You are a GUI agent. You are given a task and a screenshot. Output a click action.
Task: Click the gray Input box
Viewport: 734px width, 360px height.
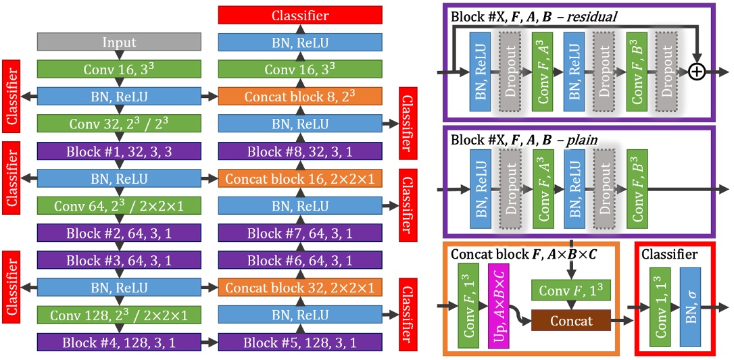119,42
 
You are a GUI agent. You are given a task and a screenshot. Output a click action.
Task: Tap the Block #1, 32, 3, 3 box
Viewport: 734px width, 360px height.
119,151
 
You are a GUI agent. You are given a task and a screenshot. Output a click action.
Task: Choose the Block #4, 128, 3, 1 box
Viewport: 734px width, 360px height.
119,342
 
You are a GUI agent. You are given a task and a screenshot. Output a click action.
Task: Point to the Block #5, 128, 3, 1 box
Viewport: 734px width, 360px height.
299,342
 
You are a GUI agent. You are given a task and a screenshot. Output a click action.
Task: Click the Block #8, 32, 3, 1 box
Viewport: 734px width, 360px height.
299,151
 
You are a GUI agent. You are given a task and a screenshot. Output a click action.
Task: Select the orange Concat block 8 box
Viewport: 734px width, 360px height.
299,97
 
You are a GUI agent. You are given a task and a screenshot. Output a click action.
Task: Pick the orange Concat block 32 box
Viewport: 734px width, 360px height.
299,288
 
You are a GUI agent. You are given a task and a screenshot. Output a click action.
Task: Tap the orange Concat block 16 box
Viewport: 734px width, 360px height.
299,179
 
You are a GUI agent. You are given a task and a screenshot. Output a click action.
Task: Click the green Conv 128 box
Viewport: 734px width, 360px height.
119,315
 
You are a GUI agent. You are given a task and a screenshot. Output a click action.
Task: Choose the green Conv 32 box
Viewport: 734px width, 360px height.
119,124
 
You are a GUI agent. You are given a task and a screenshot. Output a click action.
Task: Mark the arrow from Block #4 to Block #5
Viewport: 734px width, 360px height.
210,342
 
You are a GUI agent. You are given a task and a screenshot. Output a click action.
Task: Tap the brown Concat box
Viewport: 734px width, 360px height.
570,320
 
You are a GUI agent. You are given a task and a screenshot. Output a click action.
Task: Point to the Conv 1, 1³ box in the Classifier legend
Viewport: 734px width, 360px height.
659,307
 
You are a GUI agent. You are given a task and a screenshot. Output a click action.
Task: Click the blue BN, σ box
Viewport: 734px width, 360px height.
691,307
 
